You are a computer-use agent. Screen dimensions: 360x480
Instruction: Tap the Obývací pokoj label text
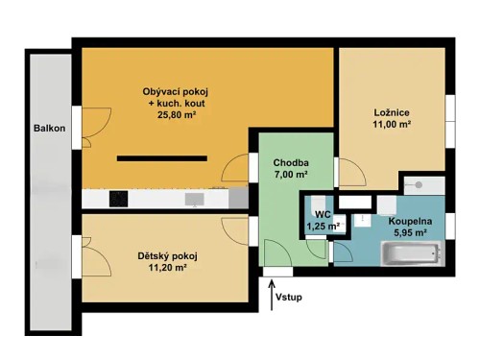175,92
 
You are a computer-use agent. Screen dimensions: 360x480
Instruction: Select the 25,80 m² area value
175,114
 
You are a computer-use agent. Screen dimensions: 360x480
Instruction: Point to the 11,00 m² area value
392,125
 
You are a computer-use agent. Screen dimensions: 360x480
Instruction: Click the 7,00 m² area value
289,175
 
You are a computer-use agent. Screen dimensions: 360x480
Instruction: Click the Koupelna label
410,221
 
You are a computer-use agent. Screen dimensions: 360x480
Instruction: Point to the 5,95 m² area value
410,232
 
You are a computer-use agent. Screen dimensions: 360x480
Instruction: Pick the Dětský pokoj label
155,255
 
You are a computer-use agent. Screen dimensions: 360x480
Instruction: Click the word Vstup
288,298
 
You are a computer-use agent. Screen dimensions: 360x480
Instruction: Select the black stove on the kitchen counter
118,200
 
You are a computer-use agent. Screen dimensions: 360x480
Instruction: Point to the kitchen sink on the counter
193,200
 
